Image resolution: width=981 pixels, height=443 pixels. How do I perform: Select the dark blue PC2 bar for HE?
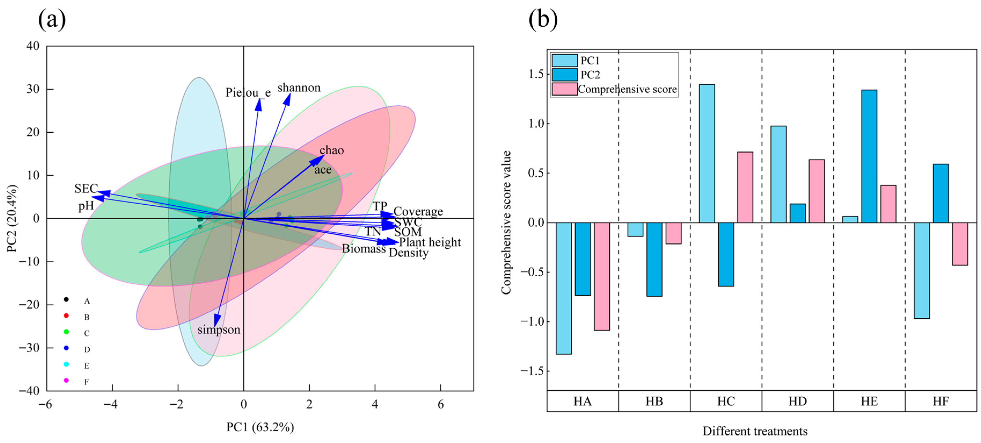[869, 156]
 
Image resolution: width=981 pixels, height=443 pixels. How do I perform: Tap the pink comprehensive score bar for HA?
[602, 276]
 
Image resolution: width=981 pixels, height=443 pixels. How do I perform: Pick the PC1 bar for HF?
[922, 270]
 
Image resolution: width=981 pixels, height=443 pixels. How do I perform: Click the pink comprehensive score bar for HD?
[817, 191]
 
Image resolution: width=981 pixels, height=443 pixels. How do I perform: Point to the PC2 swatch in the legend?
[564, 75]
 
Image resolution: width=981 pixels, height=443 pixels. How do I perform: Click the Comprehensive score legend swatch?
[564, 89]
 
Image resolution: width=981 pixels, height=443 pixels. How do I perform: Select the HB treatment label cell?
[654, 401]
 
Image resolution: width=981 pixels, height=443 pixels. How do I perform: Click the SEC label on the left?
[86, 188]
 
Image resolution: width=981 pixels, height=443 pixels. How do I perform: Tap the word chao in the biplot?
[332, 150]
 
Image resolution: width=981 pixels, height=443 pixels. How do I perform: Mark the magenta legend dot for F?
[66, 380]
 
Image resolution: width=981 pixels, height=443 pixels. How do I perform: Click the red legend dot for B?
[66, 316]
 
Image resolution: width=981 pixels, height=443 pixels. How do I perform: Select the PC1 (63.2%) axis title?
[260, 427]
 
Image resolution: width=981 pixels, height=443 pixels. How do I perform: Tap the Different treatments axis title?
[755, 431]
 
